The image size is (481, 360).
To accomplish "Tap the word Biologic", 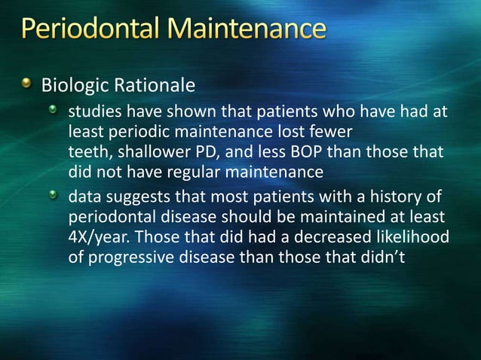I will pos(71,82).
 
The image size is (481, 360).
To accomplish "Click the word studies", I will pos(93,113).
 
